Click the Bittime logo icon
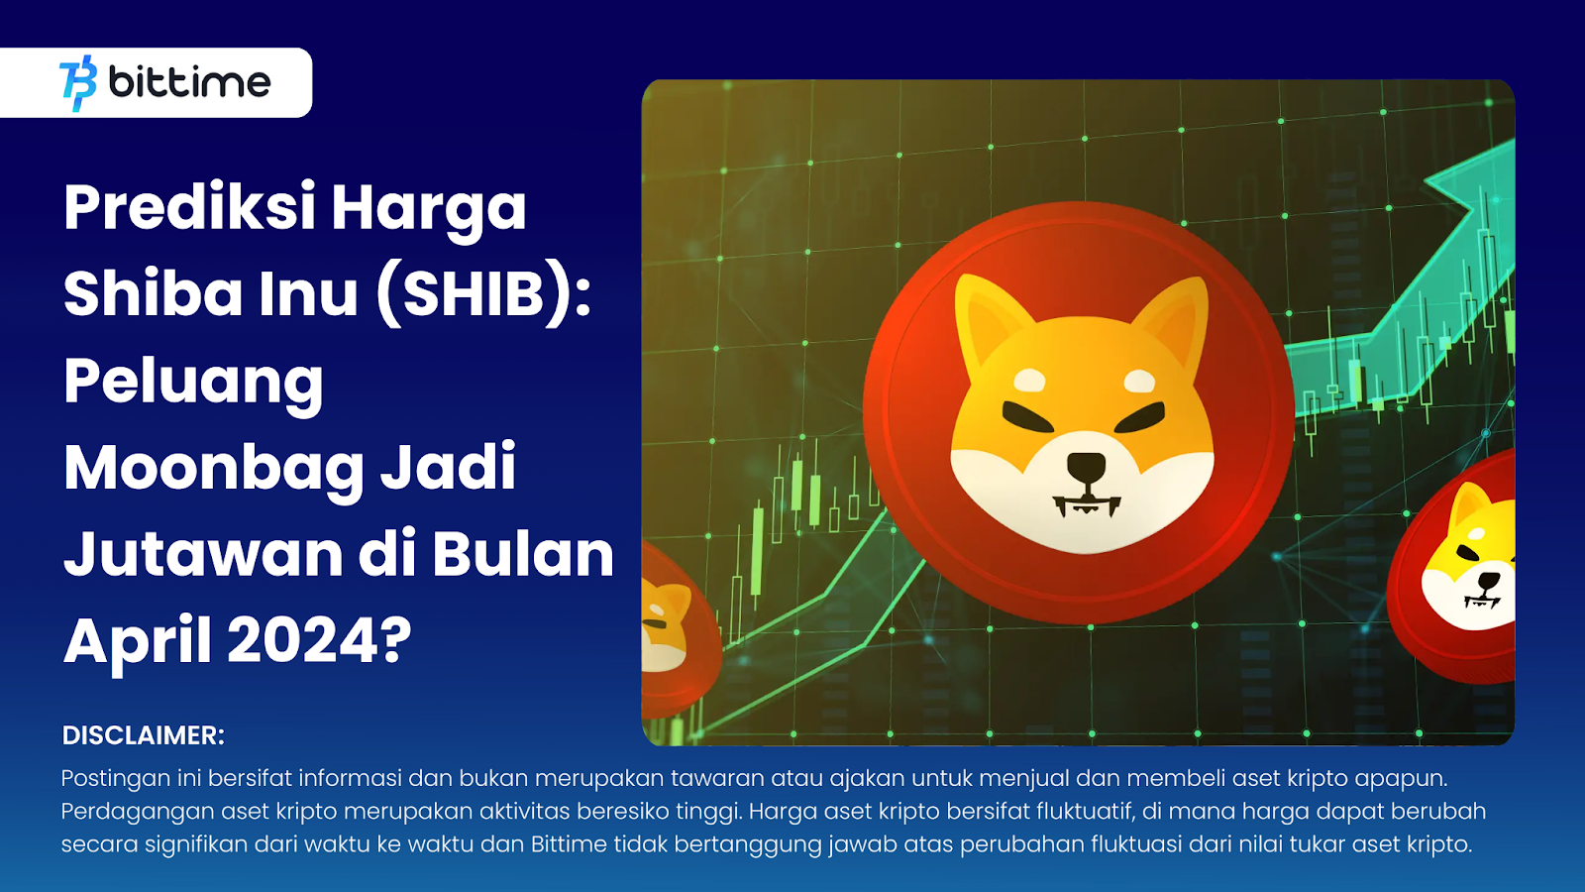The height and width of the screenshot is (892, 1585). coord(78,82)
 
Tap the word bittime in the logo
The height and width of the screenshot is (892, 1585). coord(189,82)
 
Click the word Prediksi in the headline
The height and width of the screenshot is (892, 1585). coord(189,208)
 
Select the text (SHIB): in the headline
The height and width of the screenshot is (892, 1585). coord(483,294)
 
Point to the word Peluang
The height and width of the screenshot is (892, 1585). coord(193,382)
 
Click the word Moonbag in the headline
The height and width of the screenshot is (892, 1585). coord(214,468)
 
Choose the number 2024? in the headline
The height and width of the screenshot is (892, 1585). coord(319,640)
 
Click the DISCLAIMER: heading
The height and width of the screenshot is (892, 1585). coord(144,735)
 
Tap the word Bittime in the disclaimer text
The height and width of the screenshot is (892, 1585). coord(569,844)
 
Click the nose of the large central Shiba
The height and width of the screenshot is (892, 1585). coord(1086,467)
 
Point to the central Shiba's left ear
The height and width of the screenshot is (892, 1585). coord(986,317)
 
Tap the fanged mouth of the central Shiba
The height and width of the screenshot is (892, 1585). coord(1087,505)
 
